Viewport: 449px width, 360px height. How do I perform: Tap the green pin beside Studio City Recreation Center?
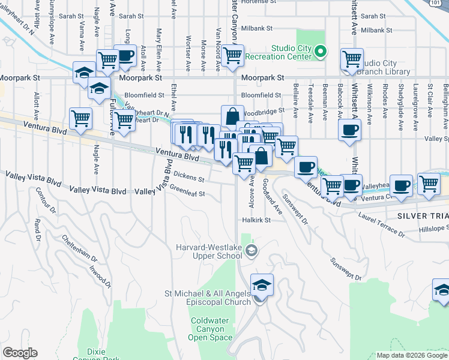coord(321,52)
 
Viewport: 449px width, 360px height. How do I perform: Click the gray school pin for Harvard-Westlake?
coord(252,251)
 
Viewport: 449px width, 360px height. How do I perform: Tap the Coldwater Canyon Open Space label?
coord(211,329)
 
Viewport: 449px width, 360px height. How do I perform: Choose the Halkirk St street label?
coord(257,220)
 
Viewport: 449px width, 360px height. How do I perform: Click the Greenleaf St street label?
coord(187,193)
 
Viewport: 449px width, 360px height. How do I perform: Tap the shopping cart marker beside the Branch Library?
coord(352,59)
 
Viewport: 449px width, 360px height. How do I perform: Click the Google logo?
coord(20,353)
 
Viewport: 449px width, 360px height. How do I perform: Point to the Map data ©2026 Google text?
coord(411,355)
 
